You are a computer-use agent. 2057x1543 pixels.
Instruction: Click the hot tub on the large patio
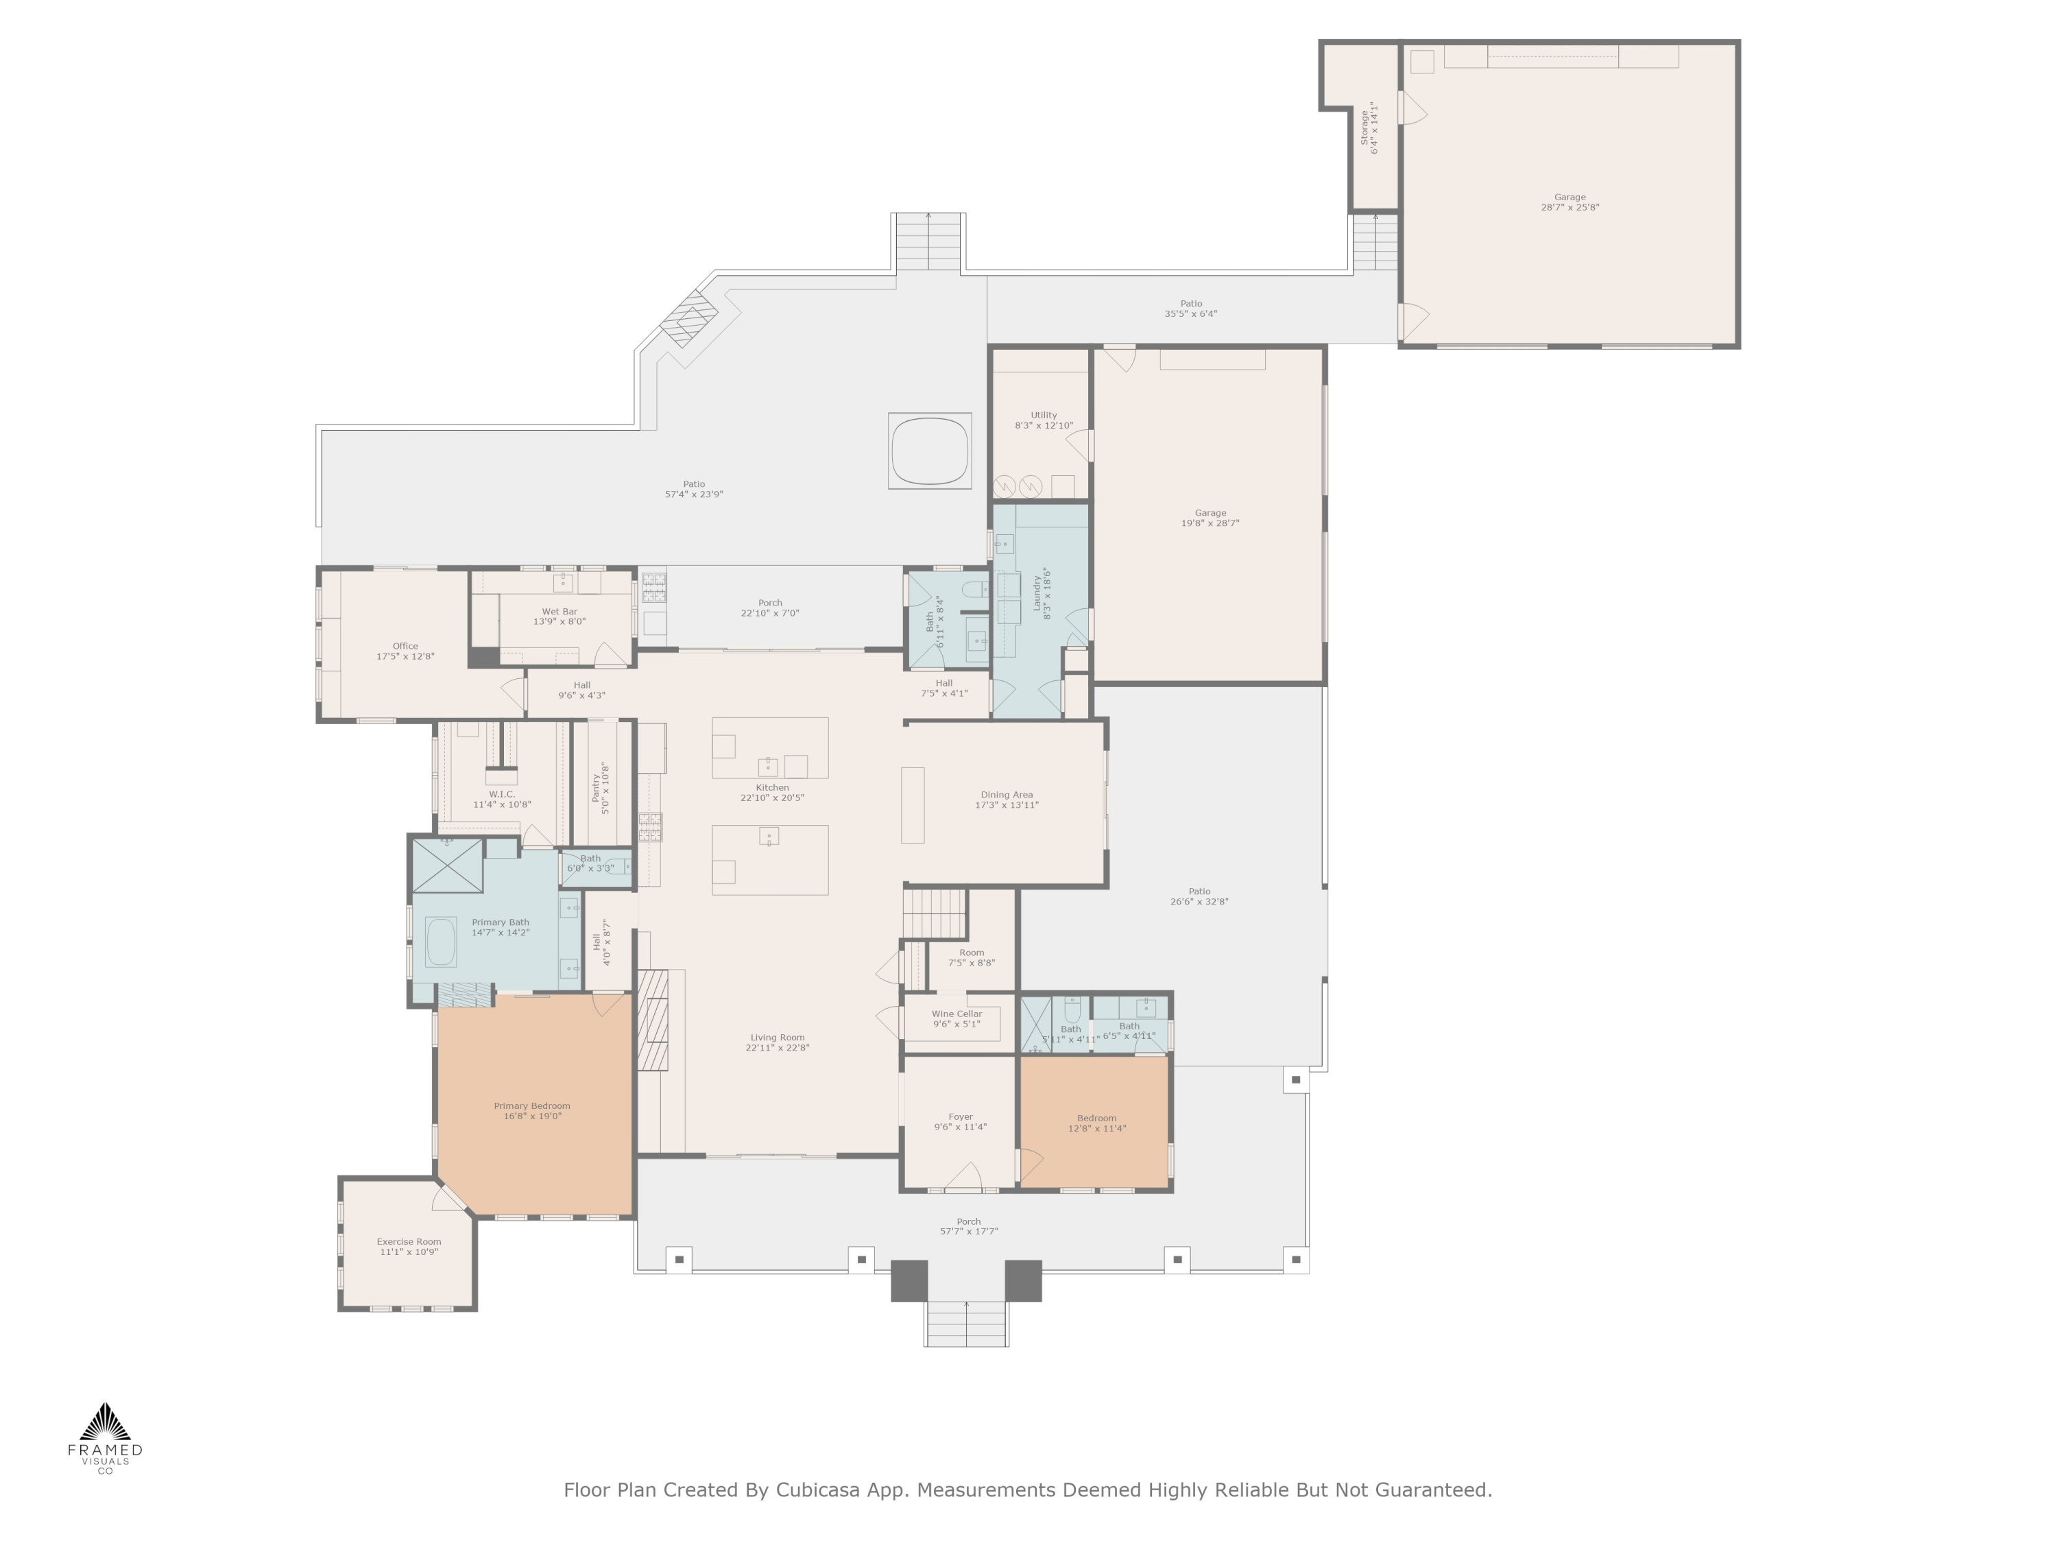pyautogui.click(x=929, y=450)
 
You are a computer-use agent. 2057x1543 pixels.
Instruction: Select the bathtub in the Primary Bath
pyautogui.click(x=441, y=942)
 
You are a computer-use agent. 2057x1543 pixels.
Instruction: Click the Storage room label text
pyautogui.click(x=1364, y=128)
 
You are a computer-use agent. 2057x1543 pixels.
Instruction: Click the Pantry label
pyautogui.click(x=596, y=788)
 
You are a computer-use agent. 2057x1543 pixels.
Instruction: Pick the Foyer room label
pyautogui.click(x=960, y=1117)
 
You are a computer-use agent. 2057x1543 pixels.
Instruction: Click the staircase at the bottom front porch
pyautogui.click(x=965, y=1324)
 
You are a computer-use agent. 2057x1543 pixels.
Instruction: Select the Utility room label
pyautogui.click(x=1044, y=415)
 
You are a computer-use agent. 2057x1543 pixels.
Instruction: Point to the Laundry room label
pyautogui.click(x=1037, y=593)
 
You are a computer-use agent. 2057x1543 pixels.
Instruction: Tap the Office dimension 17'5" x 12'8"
pyautogui.click(x=405, y=657)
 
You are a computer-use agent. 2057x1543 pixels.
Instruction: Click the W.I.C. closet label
pyautogui.click(x=501, y=794)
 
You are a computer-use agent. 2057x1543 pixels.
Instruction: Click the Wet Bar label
pyautogui.click(x=559, y=612)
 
